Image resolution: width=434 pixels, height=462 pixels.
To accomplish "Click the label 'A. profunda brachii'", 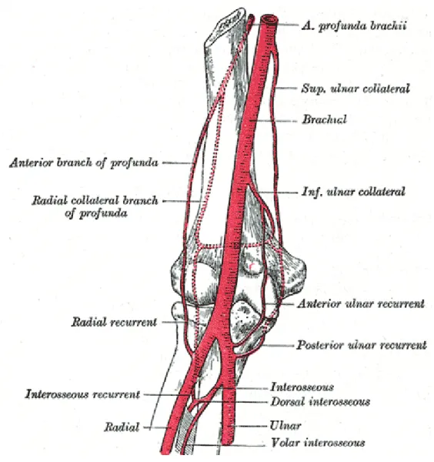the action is (x=354, y=25).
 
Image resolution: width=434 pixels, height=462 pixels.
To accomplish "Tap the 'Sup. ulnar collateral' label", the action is (x=355, y=89).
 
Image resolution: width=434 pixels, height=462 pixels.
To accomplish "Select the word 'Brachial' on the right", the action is (x=324, y=119).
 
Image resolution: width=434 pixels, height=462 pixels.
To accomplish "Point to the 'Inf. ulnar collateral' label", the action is (x=353, y=192).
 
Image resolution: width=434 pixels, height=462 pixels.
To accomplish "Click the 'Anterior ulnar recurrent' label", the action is (x=361, y=303).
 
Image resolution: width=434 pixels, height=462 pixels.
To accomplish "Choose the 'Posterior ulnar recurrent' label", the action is (x=361, y=345).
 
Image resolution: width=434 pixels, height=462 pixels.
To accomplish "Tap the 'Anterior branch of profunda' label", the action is (x=84, y=162).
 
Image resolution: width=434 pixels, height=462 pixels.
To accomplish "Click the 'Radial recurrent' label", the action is (x=114, y=322).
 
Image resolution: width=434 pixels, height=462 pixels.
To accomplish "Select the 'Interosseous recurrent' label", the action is (x=82, y=394).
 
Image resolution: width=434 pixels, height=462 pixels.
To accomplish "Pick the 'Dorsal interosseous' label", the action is (x=320, y=402).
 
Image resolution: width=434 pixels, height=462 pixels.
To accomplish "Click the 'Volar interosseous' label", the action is (x=318, y=443).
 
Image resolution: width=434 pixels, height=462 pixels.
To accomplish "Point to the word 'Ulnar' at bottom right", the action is (x=285, y=426).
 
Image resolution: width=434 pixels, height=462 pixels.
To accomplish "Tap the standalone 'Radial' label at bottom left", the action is (x=122, y=427).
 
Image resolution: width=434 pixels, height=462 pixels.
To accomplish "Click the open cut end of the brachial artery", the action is (x=269, y=20).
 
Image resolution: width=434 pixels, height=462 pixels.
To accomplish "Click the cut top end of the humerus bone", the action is (x=229, y=23).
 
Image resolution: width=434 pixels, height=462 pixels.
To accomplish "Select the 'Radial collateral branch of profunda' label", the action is (x=95, y=206).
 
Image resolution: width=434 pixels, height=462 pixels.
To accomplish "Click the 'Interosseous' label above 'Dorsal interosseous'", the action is (x=302, y=387).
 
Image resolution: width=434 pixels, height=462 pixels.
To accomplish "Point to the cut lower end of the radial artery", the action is (x=165, y=451).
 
